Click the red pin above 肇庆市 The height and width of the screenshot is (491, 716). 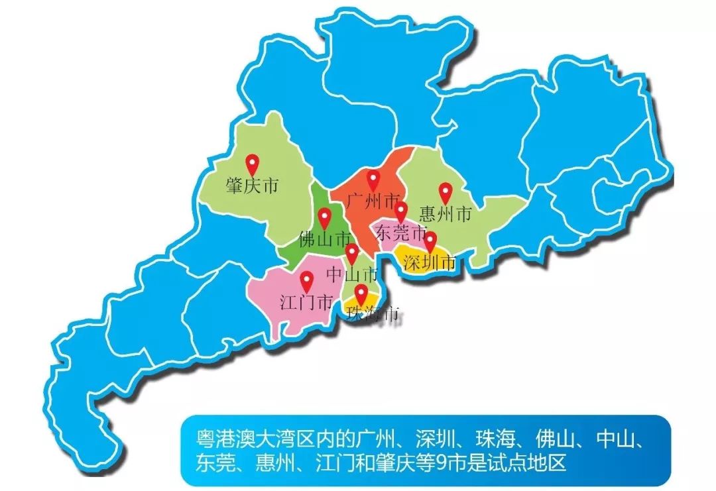[x=252, y=164]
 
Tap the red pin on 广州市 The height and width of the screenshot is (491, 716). [x=374, y=180]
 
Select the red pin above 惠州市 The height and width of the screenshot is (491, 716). [x=446, y=192]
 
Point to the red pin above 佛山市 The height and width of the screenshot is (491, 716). [x=324, y=217]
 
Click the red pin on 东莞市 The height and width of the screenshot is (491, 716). [x=401, y=211]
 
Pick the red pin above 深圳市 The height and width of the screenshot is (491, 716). [x=430, y=241]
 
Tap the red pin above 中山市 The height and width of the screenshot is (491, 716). [x=352, y=252]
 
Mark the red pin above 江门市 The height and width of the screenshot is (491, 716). [x=306, y=281]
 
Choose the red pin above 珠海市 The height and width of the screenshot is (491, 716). [x=361, y=294]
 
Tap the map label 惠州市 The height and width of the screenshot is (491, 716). [x=446, y=214]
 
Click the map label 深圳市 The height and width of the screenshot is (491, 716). [x=430, y=263]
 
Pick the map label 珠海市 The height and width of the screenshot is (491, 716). [x=373, y=314]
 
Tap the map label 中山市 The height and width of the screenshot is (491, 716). [x=353, y=274]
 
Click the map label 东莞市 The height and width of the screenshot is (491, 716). [x=400, y=233]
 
